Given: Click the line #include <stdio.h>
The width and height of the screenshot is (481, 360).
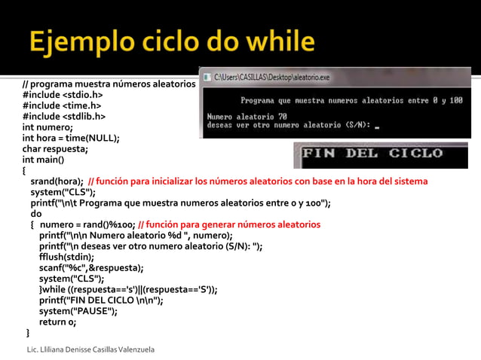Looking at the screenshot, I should point(63,96).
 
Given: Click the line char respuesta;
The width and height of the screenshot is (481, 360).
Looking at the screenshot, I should point(55,148).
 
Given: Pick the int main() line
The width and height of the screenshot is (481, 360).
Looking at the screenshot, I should point(43,160).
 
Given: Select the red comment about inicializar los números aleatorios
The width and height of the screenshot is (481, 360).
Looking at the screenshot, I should point(258,181).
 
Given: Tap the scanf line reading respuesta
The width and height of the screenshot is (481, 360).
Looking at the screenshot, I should point(91,267).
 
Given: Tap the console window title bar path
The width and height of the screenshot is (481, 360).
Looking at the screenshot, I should point(271,77).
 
